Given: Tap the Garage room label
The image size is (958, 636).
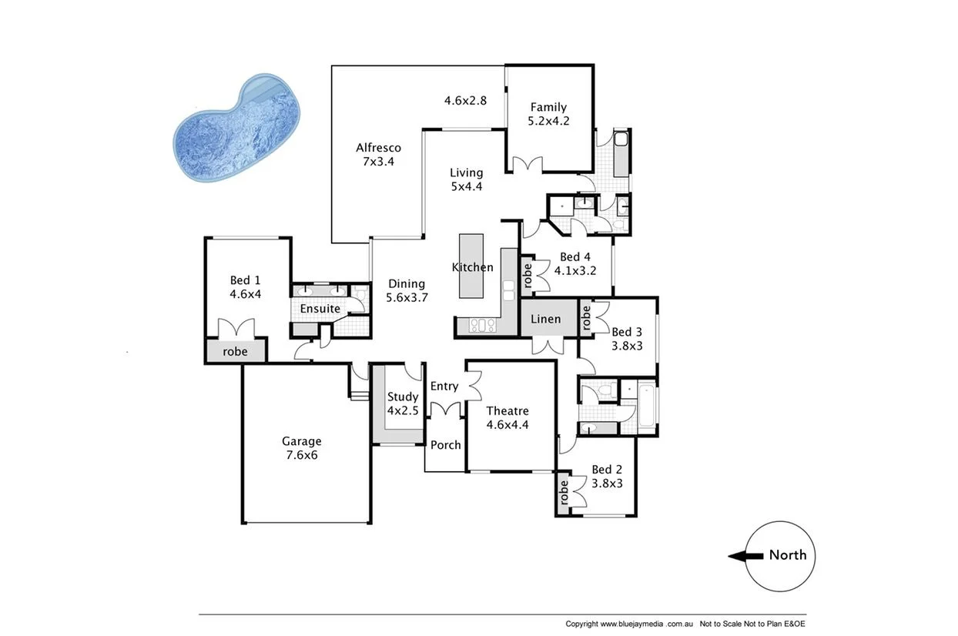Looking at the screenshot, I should [x=301, y=441].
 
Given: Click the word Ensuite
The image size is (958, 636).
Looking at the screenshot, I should [x=320, y=308].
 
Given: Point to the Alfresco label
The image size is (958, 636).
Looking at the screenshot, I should [x=378, y=148].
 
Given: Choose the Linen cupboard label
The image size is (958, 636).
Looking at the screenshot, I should [x=545, y=319].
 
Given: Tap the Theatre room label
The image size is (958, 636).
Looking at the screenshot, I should [x=507, y=410].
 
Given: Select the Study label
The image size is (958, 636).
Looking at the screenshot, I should [x=403, y=397].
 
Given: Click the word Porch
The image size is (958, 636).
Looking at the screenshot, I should [x=445, y=445].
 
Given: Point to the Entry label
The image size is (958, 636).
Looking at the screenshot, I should [x=444, y=386].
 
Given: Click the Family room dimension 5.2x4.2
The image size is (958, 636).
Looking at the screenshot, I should [x=548, y=121].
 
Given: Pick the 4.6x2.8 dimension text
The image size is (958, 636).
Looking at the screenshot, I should [x=465, y=99].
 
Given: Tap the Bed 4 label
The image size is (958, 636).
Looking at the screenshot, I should [x=575, y=256].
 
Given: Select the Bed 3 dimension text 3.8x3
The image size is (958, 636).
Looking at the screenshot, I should [x=627, y=346].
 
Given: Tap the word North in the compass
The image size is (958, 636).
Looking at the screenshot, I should [x=788, y=554].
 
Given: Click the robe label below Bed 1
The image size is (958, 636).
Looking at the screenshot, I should [x=235, y=350].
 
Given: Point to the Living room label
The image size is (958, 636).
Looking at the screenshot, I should [x=466, y=172].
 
